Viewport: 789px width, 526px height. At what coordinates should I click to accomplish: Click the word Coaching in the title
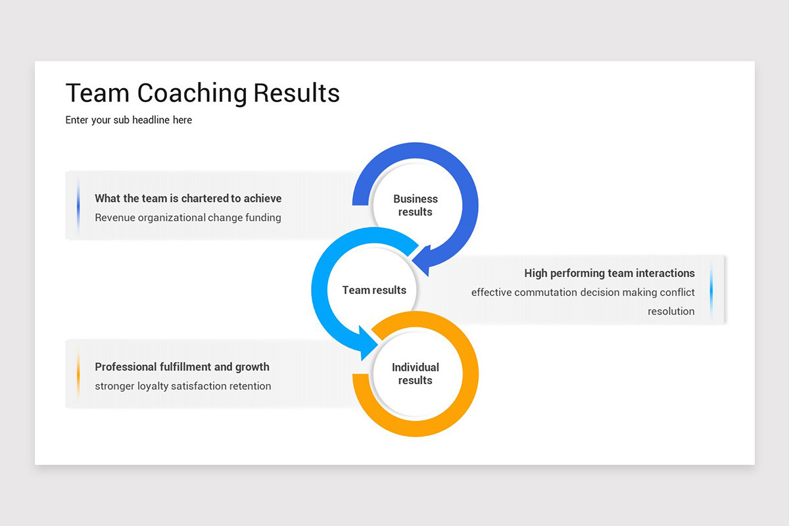click(192, 93)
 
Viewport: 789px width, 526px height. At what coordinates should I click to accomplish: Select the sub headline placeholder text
click(129, 120)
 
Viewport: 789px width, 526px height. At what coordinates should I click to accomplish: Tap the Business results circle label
click(415, 205)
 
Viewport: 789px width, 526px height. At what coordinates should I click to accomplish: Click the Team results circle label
click(374, 290)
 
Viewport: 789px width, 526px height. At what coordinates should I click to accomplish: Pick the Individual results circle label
click(415, 373)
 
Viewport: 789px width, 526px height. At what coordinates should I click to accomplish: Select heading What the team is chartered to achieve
click(188, 199)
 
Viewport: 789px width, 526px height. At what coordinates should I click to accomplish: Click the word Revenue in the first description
click(115, 218)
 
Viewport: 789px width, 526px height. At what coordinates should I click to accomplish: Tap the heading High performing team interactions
click(609, 273)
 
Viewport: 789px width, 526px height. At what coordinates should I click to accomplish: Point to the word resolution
click(671, 312)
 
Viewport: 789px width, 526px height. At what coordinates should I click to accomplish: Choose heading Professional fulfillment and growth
click(182, 367)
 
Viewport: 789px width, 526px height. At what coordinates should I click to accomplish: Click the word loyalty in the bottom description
click(153, 386)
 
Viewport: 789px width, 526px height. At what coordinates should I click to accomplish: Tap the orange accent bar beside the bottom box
click(78, 373)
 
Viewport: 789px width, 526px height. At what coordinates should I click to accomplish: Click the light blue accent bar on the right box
click(711, 290)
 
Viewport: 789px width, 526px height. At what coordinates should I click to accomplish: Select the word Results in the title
click(297, 93)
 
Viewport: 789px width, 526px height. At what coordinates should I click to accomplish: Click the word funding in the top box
click(262, 218)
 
